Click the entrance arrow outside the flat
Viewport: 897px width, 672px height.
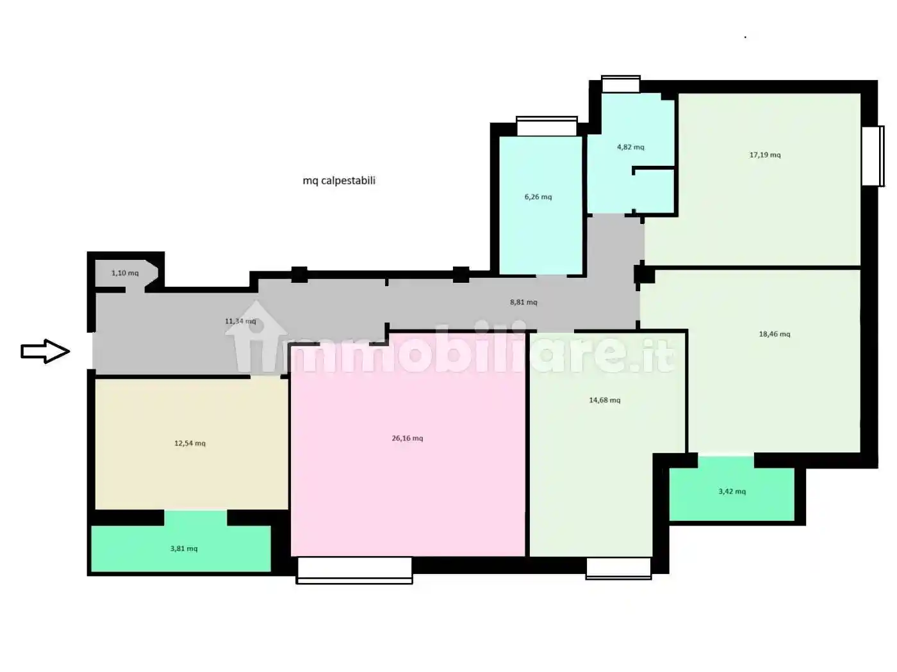point(45,351)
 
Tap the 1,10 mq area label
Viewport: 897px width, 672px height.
point(125,273)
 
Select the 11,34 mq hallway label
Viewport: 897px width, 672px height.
point(240,321)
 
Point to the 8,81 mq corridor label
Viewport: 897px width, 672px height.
point(523,302)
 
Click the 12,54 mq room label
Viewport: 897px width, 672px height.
point(190,443)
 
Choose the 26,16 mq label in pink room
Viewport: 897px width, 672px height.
point(407,438)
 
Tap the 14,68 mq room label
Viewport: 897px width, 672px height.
point(605,400)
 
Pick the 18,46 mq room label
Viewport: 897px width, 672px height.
point(775,334)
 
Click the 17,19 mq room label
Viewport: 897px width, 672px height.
point(765,155)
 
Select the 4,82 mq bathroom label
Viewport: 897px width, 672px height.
point(630,147)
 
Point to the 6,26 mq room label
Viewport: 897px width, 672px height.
point(538,197)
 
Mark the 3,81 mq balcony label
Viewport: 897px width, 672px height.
point(184,548)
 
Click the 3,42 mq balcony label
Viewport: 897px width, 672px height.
point(732,492)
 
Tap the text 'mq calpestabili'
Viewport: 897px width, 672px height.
point(339,180)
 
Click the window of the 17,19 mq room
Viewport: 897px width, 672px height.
point(873,156)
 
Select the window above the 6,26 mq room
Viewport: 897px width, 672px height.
point(547,126)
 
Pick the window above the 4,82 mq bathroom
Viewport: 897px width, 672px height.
point(620,84)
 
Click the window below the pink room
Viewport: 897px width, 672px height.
point(354,570)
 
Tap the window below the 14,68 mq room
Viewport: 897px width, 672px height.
point(619,568)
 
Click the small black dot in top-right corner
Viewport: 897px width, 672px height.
point(745,37)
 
